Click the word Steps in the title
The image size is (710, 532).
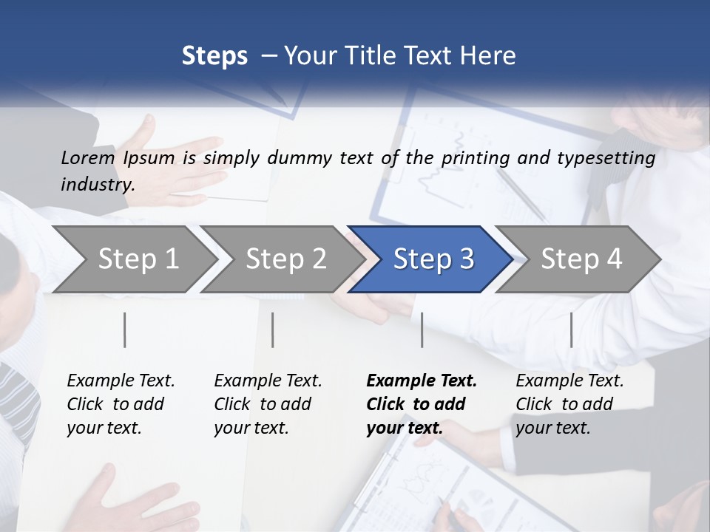point(214,56)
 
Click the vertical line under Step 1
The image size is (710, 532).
point(125,330)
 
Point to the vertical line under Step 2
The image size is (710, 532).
point(273,330)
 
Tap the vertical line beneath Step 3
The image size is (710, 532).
point(422,330)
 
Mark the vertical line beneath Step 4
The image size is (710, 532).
point(571,330)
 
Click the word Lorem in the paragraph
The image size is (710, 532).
point(88,157)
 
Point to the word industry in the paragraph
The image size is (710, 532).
point(98,185)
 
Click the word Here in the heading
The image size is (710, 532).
point(490,56)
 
